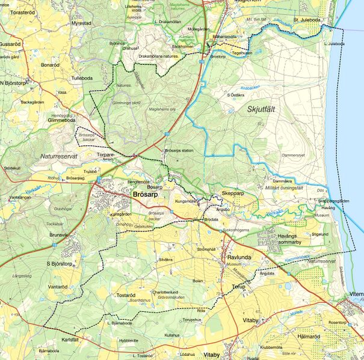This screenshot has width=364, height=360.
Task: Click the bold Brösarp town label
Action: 147,195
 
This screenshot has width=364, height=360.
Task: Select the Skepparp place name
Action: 232,194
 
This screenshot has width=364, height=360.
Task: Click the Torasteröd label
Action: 25,11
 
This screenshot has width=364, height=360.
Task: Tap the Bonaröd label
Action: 50,65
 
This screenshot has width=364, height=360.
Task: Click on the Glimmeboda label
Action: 61,120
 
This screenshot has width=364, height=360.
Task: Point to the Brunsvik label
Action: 60,235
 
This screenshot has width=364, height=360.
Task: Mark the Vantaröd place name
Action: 58,287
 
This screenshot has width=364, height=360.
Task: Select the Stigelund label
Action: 322,233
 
